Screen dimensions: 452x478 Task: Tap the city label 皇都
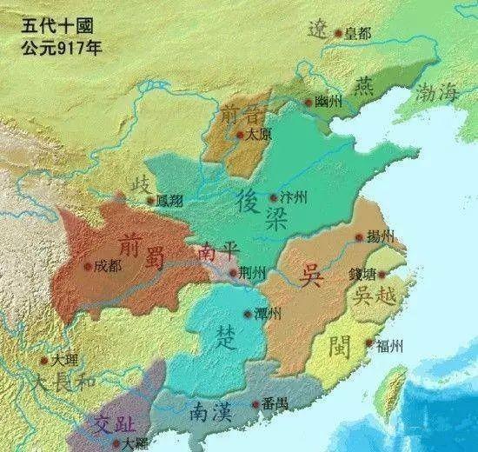tap(357, 34)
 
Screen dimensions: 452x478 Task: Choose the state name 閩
tap(340, 348)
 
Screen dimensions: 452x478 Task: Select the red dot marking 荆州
tap(231, 272)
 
